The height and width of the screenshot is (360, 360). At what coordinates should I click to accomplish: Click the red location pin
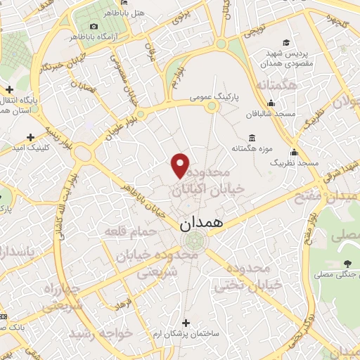[181, 165]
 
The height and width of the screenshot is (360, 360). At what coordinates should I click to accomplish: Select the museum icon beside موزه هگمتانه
[252, 138]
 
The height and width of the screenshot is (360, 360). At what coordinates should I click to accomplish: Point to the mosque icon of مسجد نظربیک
[294, 152]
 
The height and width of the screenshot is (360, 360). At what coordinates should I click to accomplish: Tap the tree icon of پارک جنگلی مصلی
[345, 264]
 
